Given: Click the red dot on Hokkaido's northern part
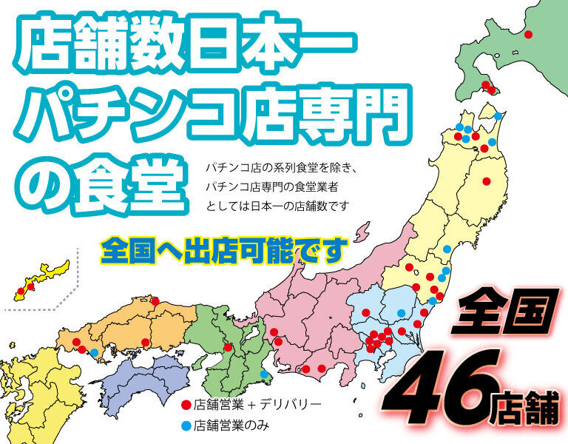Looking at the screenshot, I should [528, 34].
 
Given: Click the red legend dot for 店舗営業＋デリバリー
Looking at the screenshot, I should [186, 405].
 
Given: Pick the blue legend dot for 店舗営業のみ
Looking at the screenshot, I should [186, 425].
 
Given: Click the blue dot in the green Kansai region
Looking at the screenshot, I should [264, 384].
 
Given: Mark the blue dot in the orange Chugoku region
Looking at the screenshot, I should [95, 351].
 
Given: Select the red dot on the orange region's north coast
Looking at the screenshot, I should [155, 300].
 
